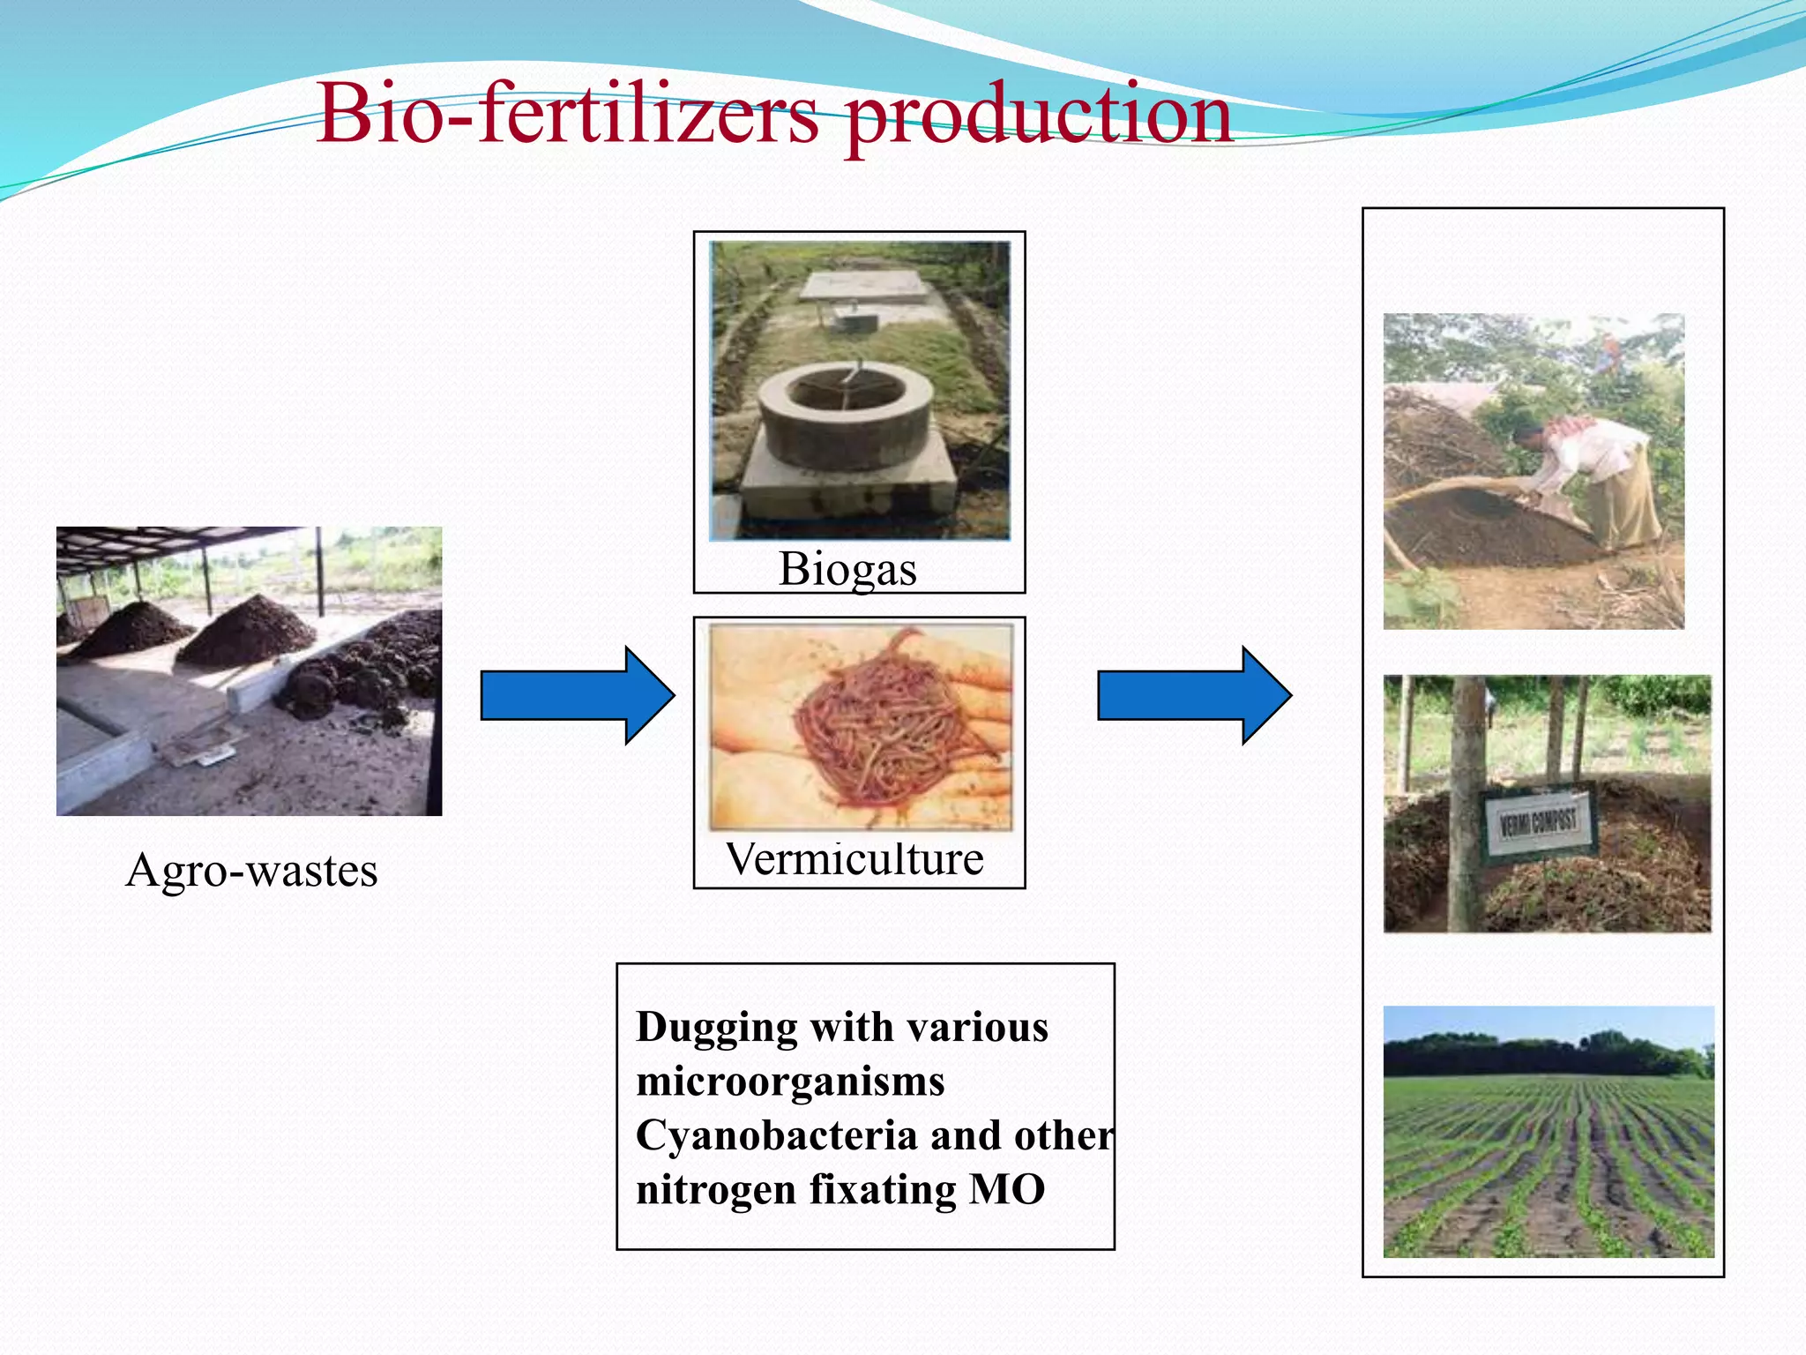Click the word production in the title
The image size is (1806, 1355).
pyautogui.click(x=1038, y=115)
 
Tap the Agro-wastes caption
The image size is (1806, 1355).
pyautogui.click(x=251, y=870)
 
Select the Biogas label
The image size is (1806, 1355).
pyautogui.click(x=847, y=569)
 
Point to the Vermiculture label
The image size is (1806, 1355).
pyautogui.click(x=854, y=858)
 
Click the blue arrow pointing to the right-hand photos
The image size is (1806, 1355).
pyautogui.click(x=1194, y=695)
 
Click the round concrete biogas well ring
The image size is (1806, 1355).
pyautogui.click(x=845, y=415)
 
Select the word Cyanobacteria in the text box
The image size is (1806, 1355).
pyautogui.click(x=776, y=1135)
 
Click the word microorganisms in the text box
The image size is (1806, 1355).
pyautogui.click(x=790, y=1082)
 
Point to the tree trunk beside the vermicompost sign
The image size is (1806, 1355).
pyautogui.click(x=1466, y=803)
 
